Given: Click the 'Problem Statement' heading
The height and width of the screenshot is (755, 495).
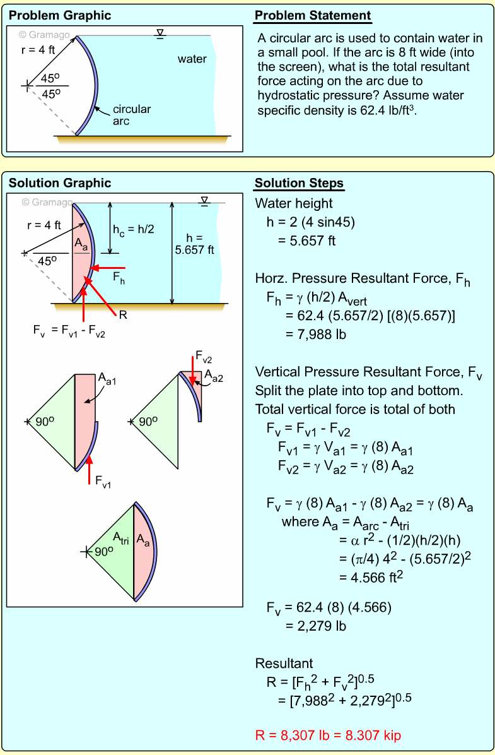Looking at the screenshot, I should point(313,16).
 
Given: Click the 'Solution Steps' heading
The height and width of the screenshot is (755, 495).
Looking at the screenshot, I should point(299,184).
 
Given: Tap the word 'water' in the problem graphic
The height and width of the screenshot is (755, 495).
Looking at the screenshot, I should point(192,59).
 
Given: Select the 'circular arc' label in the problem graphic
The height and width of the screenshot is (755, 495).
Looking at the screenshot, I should point(131,115).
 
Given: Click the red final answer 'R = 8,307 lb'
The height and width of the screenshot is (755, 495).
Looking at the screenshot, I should point(328,735).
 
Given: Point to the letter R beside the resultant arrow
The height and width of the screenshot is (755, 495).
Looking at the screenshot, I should point(123,314).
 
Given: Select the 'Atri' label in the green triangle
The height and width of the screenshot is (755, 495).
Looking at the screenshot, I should point(120,537).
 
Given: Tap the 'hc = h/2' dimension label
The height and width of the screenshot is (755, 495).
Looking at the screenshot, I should point(133,230).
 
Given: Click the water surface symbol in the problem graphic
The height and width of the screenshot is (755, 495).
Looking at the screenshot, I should point(161,33).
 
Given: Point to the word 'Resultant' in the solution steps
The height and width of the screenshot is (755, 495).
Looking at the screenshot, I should point(284,663).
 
